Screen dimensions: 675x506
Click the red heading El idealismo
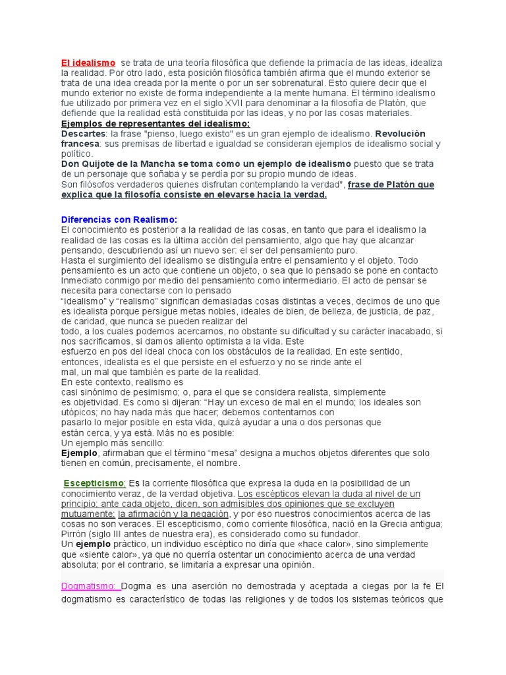tap(88, 63)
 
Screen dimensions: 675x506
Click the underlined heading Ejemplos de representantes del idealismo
tap(155, 123)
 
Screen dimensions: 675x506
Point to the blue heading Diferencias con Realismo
tap(119, 220)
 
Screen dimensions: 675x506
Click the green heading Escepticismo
tap(95, 483)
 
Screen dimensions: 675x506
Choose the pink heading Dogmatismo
tap(89, 586)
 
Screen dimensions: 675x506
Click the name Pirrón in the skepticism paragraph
tap(75, 534)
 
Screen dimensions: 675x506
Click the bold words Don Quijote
tap(90, 164)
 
